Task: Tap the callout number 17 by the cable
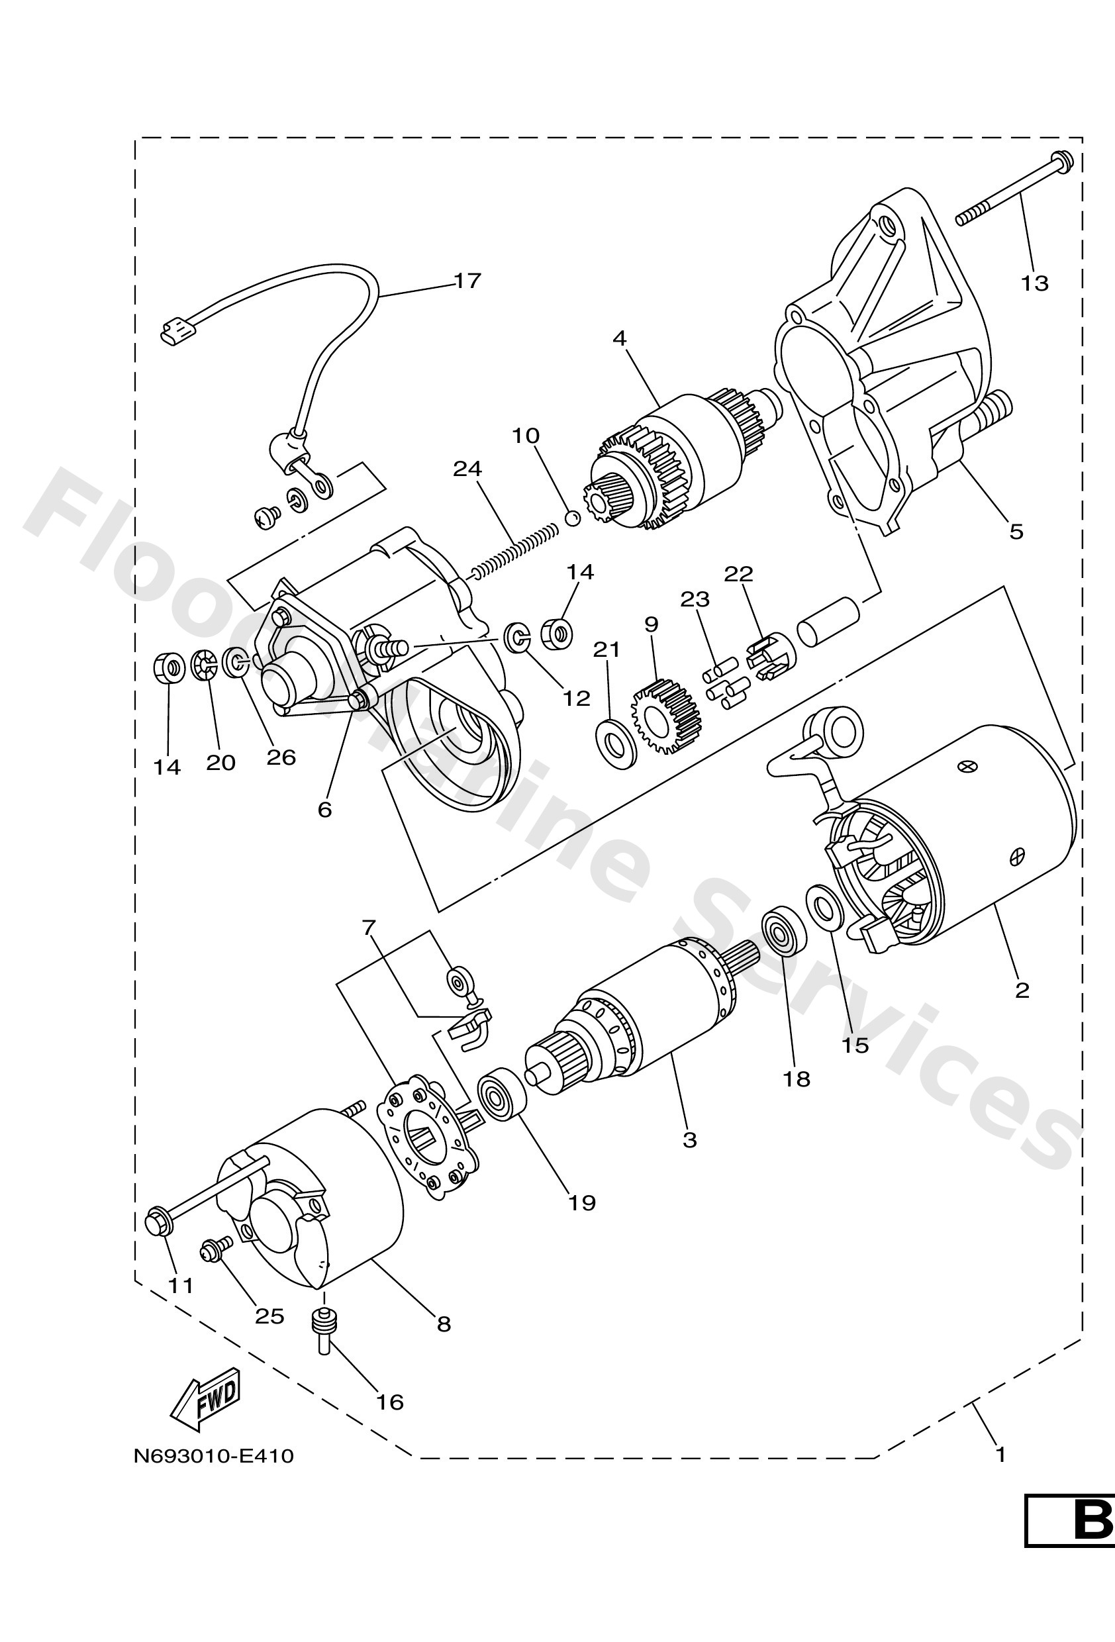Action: coord(467,281)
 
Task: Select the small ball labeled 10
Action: coord(573,518)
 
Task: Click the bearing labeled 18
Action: coord(783,932)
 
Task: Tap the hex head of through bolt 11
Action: coord(158,1222)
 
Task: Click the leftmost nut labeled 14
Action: coord(169,667)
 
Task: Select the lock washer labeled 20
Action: coord(204,665)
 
